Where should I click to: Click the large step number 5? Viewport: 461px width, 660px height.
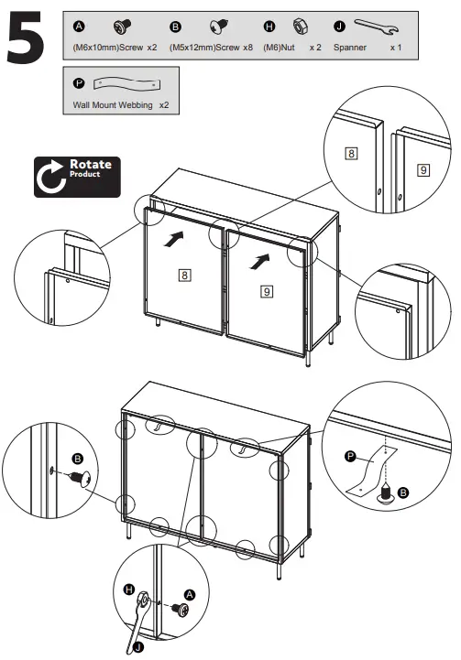pyautogui.click(x=30, y=40)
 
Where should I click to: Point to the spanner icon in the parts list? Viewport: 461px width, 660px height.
pyautogui.click(x=377, y=25)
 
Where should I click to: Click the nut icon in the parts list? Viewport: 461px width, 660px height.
pyautogui.click(x=298, y=25)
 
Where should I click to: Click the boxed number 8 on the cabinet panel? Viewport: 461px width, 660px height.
pyautogui.click(x=185, y=274)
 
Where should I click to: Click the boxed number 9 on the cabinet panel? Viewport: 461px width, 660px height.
pyautogui.click(x=266, y=291)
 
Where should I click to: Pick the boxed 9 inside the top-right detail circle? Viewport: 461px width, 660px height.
pyautogui.click(x=422, y=169)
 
